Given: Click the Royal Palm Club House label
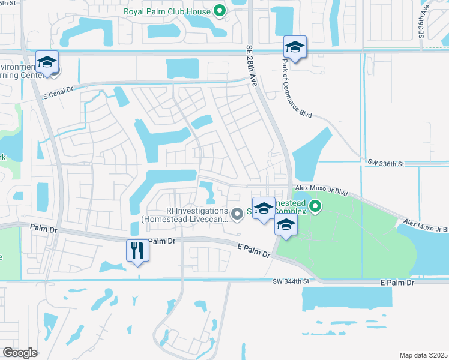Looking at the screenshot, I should (x=167, y=11).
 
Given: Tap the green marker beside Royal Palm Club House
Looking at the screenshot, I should (x=220, y=11).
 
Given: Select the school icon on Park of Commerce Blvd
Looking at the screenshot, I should (x=295, y=47).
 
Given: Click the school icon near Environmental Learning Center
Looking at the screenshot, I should (x=47, y=63).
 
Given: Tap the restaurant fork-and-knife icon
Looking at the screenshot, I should (x=137, y=251).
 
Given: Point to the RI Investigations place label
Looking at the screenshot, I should (x=184, y=215).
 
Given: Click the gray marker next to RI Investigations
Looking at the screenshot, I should (x=237, y=212).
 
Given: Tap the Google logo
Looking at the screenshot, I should (x=20, y=353).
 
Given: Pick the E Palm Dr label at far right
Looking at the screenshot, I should (x=397, y=282).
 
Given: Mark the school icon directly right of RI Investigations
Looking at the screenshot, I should (x=264, y=209).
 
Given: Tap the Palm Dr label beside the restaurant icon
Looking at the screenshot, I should (x=161, y=241).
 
